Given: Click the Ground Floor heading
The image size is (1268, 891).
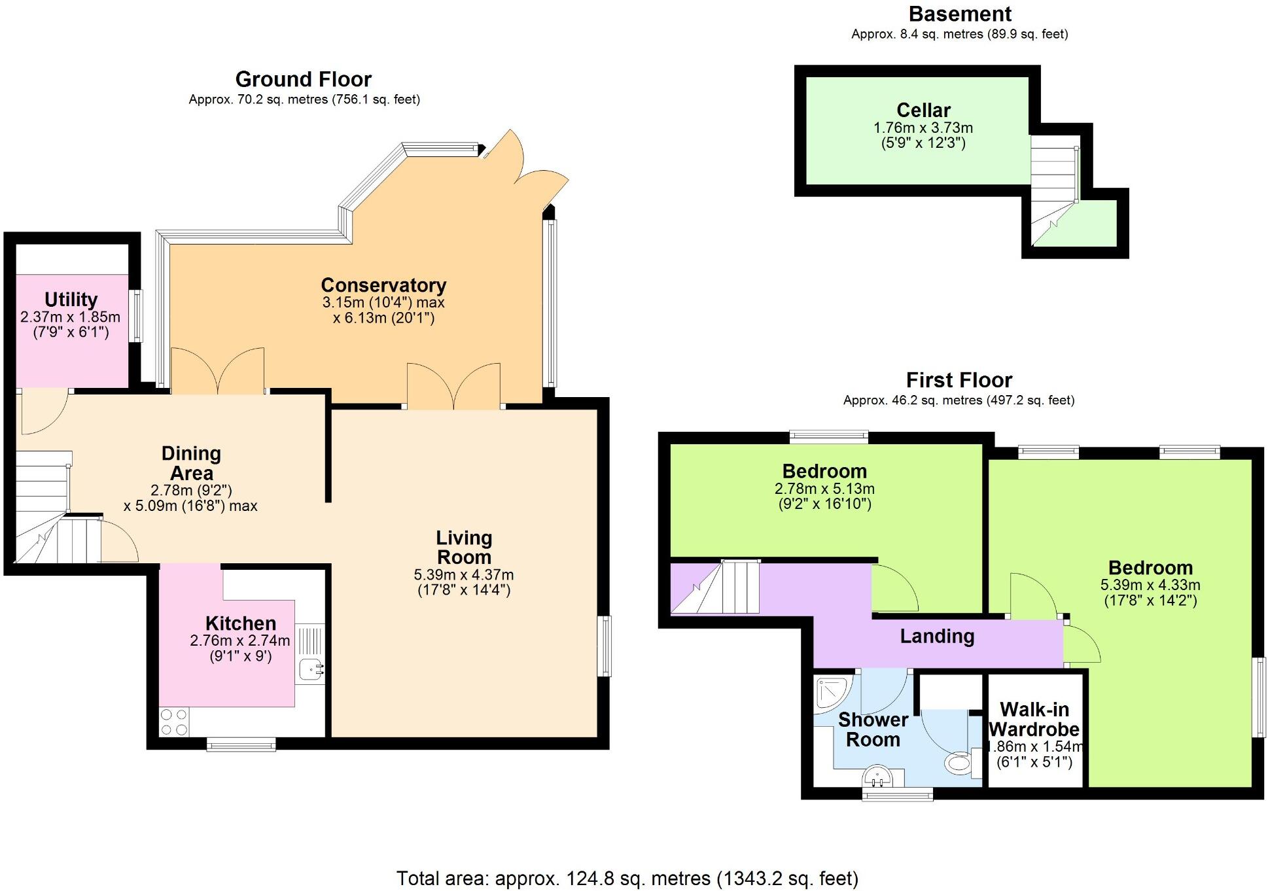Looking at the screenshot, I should tap(303, 79).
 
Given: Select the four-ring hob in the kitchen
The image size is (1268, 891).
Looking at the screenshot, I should tap(174, 722).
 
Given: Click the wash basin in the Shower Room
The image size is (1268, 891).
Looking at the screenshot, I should tap(877, 777).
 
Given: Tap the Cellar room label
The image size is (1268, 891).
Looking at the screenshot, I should tap(923, 110).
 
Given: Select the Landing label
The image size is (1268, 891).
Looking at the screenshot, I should tap(937, 636).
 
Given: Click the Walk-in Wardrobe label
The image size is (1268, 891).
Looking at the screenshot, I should tap(1034, 719).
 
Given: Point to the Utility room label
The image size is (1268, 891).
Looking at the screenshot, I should tap(71, 300).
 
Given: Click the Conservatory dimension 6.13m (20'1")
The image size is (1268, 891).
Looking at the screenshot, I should tap(383, 319).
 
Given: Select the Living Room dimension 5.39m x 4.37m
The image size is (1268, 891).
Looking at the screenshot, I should tap(463, 575).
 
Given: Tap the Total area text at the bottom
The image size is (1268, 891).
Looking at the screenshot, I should tap(627, 878).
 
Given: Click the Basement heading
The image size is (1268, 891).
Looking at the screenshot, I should tap(960, 14).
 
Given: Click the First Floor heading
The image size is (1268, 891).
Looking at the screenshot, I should tap(959, 380).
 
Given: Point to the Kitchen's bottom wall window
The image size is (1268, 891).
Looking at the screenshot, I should tap(241, 744).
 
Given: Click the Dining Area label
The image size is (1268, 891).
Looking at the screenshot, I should tap(191, 463).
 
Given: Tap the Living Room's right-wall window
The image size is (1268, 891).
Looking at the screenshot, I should tap(606, 646).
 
